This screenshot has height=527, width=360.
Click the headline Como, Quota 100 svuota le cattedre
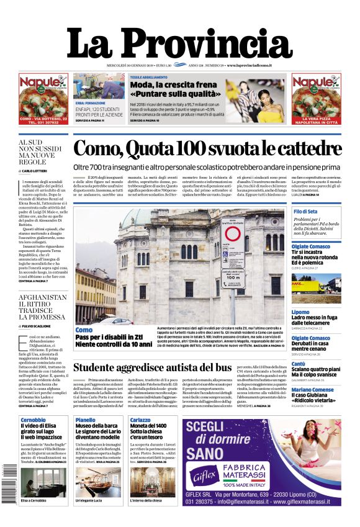[x=207, y=149]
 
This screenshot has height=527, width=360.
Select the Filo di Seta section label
[x=305, y=212]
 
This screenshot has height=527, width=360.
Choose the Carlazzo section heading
[x=140, y=420]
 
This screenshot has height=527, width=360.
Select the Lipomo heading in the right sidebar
[x=300, y=312]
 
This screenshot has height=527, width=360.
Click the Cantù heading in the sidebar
[x=299, y=364]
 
